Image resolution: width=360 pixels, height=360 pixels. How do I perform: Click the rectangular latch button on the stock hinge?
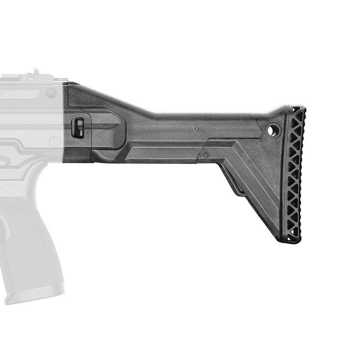[x=78, y=127]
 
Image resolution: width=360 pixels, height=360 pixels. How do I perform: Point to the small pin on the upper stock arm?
[x=196, y=129]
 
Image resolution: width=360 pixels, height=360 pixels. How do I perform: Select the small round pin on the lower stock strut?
[x=206, y=155]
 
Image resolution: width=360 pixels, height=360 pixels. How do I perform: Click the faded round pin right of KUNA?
[x=51, y=93]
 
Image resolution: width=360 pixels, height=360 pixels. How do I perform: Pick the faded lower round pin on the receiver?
[x=55, y=141]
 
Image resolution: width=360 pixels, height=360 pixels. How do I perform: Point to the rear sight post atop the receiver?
[x=36, y=72]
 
